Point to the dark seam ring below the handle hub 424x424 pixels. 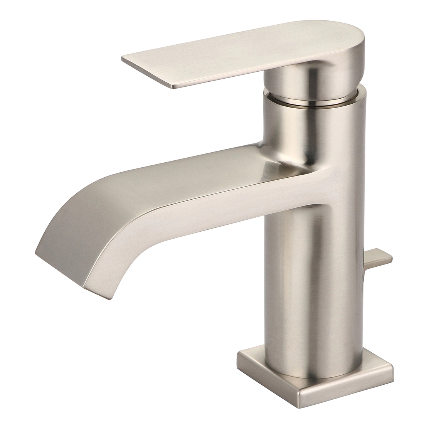312,103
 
